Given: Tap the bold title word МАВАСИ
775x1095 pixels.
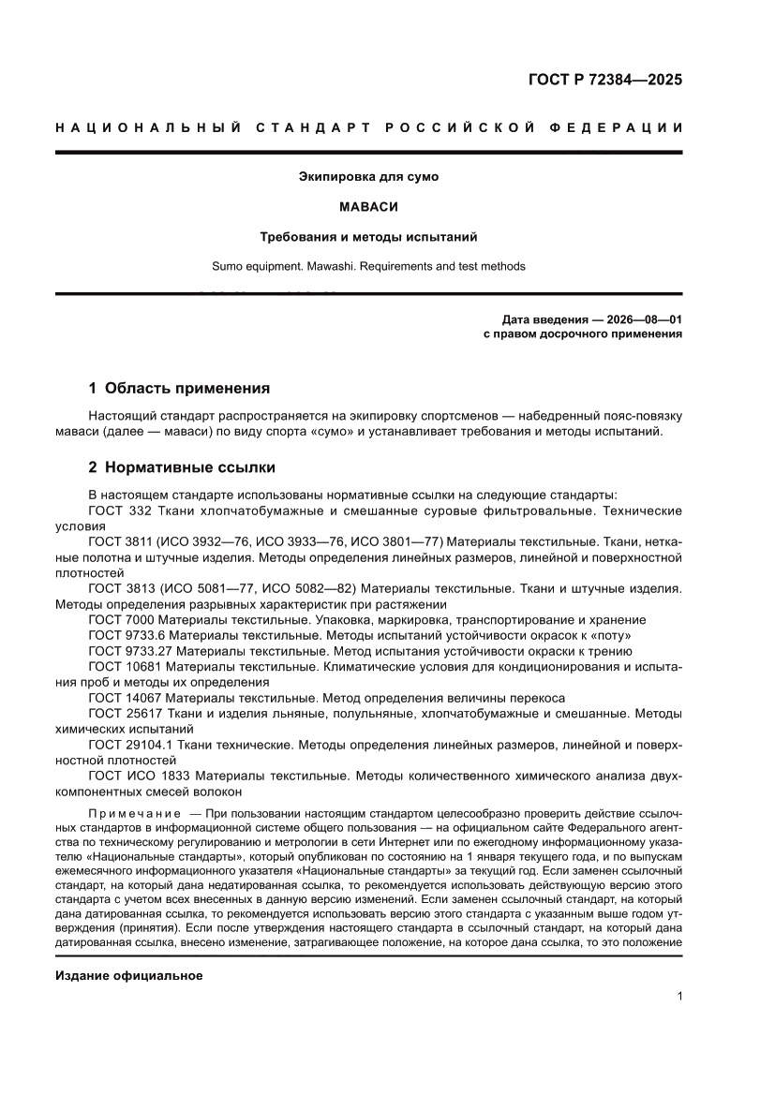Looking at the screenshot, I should coord(368,206).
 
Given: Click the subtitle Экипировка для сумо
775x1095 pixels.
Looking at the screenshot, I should coord(368,175).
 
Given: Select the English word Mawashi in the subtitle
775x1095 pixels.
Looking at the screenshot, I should coord(329,266).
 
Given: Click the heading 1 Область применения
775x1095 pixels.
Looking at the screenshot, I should coord(179,387).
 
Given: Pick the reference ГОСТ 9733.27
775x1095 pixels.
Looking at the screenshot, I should coord(130,651).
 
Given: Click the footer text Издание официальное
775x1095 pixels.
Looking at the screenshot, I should coord(129,976).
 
